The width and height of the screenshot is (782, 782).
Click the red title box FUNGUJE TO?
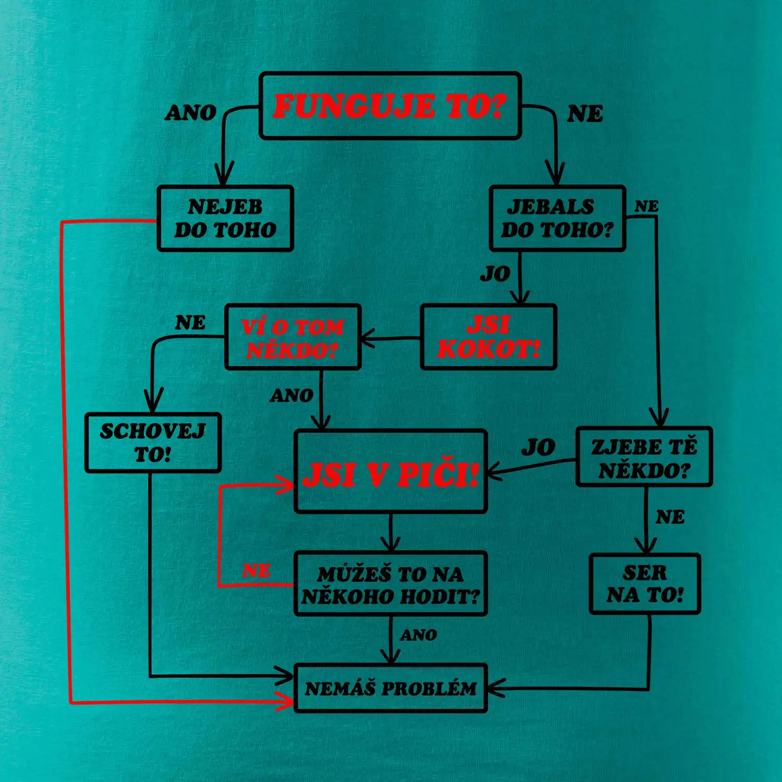click(390, 106)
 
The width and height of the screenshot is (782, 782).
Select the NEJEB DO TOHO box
click(225, 218)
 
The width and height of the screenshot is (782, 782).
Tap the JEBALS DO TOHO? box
click(557, 218)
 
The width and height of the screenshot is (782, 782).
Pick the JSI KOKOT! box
click(488, 337)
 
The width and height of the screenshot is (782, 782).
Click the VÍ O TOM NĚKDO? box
click(292, 337)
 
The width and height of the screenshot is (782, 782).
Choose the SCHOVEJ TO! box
click(153, 443)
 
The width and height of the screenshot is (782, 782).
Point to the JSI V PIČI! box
click(390, 471)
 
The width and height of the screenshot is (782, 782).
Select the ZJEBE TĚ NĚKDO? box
click(644, 457)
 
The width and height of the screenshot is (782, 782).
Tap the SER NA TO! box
click(645, 584)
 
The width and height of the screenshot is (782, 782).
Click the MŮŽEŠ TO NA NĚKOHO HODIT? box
click(390, 584)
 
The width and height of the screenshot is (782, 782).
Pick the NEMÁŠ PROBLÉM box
click(390, 688)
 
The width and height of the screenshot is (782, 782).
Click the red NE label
click(256, 571)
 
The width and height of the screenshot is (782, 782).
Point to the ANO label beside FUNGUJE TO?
click(191, 113)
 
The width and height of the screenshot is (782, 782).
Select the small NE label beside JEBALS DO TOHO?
click(646, 206)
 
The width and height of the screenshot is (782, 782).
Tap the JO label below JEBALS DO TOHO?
click(495, 274)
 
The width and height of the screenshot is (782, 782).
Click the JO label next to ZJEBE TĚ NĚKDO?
click(539, 447)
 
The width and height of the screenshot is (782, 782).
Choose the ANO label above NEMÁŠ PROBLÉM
click(419, 635)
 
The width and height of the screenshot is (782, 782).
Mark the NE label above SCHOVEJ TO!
click(190, 323)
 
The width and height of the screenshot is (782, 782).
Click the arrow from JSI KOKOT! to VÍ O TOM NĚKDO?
click(391, 338)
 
